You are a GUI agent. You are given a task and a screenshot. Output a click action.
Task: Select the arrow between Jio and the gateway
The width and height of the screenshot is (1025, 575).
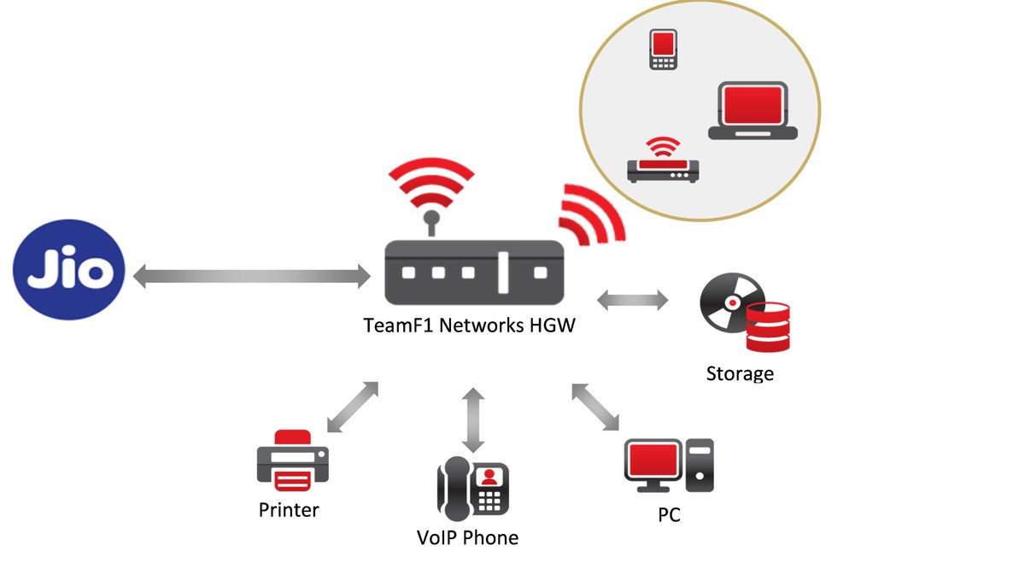[252, 275]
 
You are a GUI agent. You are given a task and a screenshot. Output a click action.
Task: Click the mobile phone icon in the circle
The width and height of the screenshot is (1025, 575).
[663, 50]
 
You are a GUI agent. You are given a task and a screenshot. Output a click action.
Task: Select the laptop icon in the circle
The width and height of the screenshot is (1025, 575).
[753, 111]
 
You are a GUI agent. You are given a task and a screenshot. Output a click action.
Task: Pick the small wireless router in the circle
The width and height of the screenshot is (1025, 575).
[663, 163]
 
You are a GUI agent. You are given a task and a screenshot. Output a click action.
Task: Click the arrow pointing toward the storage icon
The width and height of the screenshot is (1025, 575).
[633, 300]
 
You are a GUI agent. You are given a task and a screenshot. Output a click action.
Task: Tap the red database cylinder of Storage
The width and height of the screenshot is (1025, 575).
[768, 326]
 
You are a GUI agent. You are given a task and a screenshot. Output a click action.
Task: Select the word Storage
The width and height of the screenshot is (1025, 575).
[740, 373]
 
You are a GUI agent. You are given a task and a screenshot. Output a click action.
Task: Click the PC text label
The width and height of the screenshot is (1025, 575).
[669, 516]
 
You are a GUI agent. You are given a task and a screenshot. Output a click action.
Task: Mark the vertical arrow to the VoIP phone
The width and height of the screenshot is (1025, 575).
[472, 420]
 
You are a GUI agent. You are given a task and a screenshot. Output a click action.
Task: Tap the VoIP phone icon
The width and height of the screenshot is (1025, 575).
[472, 488]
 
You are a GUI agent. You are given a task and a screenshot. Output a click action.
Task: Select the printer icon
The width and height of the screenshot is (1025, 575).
[292, 461]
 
